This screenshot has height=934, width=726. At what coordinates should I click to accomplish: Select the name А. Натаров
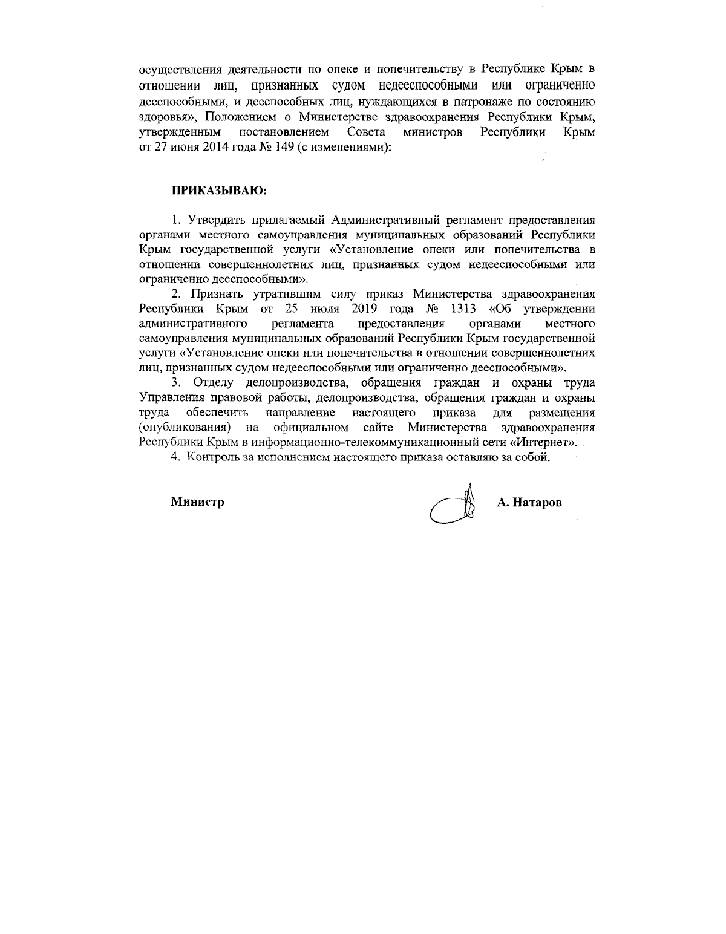coord(529,503)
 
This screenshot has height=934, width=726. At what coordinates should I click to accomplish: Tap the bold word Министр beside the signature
coord(197,501)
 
